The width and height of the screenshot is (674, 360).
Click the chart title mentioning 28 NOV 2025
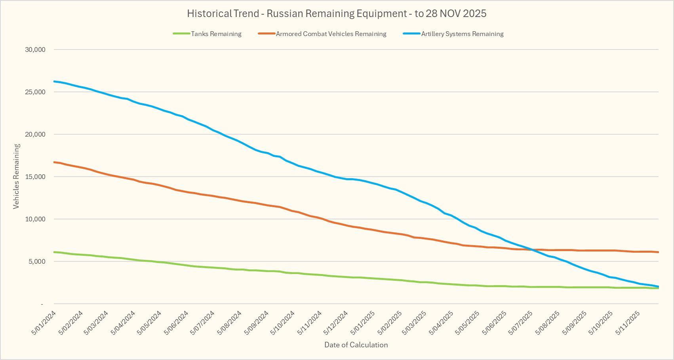[x=337, y=13]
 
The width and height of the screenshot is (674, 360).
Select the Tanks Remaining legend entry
[x=216, y=34]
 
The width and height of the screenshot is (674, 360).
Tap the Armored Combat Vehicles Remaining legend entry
[x=331, y=34]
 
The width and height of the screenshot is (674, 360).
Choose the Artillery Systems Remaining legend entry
[x=462, y=34]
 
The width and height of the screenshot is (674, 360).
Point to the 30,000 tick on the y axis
[x=36, y=50]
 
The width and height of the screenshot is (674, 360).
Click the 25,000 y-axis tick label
[x=36, y=92]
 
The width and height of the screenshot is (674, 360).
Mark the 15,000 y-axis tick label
[x=36, y=177]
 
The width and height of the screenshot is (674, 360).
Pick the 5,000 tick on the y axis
[x=37, y=261]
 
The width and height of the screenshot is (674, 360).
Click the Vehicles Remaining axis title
[x=16, y=176]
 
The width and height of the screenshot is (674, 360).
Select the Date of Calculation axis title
[x=356, y=345]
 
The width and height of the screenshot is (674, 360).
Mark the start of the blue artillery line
[x=54, y=81]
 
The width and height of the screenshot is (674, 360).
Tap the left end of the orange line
[x=54, y=162]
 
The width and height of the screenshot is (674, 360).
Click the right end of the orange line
[x=658, y=252]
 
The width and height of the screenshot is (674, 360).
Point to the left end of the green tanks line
[x=54, y=252]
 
